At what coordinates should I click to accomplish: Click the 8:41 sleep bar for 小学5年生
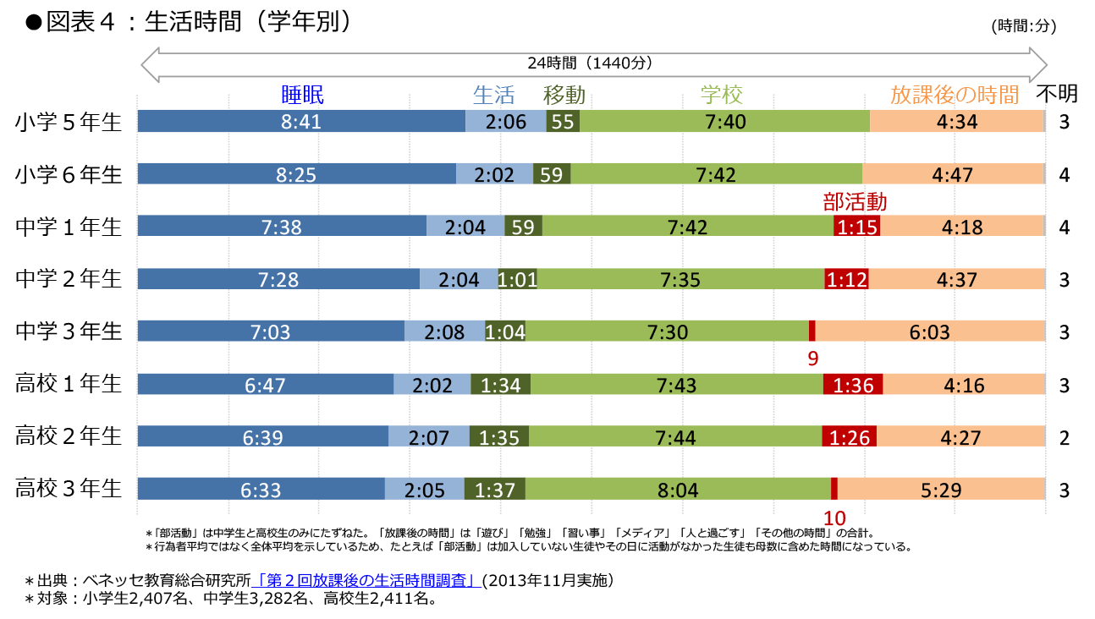[301, 122]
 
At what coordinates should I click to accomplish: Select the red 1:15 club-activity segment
[856, 227]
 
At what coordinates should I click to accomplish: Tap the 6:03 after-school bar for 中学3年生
[929, 331]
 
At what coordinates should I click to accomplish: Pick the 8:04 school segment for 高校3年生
[677, 489]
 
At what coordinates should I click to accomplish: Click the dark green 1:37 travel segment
[495, 489]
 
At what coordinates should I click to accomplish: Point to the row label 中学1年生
[69, 227]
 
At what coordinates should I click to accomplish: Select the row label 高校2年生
[69, 436]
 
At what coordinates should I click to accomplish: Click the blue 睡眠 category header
[303, 94]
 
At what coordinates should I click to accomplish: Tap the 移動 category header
[564, 94]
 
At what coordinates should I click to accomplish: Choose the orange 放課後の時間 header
[955, 94]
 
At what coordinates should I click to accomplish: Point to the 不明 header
[1057, 93]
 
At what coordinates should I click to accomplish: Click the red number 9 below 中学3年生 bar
[812, 359]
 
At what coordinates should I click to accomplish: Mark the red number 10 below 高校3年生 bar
[834, 518]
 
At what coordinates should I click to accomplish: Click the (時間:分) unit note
[1023, 26]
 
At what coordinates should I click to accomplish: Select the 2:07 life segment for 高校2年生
[426, 436]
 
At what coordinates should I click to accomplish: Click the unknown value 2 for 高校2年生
[1065, 437]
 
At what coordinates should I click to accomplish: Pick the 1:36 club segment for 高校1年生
[853, 385]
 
